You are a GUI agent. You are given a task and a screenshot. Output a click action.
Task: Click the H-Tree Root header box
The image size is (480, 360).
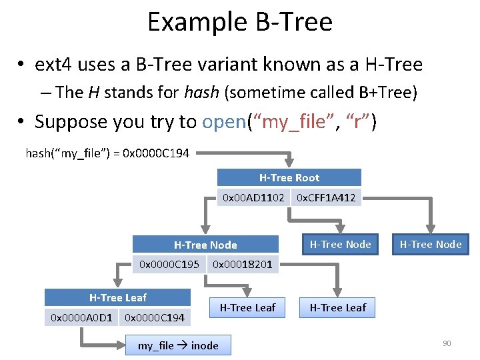[289, 178]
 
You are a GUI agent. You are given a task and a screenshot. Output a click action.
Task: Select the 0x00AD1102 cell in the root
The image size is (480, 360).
[253, 197]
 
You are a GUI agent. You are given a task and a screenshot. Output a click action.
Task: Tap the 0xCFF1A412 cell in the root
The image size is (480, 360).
[326, 197]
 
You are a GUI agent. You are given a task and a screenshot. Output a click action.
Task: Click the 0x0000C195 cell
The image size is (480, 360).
[169, 264]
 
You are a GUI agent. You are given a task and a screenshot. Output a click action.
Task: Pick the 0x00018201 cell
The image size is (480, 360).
[242, 264]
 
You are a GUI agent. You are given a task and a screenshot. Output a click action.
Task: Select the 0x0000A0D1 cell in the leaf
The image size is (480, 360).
[81, 317]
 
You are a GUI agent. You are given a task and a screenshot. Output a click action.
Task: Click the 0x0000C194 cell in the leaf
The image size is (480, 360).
[155, 317]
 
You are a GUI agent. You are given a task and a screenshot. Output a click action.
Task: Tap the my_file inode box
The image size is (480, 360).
[177, 345]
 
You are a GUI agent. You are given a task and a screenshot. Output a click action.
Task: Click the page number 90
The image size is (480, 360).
[447, 343]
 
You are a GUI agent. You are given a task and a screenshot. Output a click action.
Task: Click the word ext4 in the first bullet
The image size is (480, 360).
[55, 64]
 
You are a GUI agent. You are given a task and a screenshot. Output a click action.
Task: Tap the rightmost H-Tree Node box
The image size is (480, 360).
[430, 245]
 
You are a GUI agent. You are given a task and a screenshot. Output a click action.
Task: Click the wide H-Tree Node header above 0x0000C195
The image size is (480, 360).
[205, 245]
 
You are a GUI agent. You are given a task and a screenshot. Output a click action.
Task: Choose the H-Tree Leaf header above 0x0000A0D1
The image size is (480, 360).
[118, 297]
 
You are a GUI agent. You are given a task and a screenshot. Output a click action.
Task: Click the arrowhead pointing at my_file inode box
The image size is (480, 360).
[122, 346]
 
